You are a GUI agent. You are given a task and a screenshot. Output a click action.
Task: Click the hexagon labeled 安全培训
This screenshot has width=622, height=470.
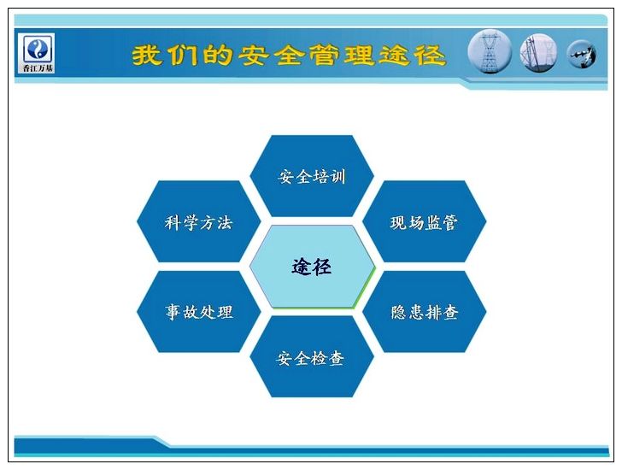[312, 176]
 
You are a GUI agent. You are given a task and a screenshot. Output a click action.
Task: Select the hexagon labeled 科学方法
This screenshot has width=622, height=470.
[199, 221]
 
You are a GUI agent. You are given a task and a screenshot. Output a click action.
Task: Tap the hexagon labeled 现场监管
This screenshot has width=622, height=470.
[425, 221]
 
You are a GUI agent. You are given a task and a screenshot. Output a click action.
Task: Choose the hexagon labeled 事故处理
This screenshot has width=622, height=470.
[199, 312]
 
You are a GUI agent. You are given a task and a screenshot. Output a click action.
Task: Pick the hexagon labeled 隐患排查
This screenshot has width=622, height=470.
[425, 312]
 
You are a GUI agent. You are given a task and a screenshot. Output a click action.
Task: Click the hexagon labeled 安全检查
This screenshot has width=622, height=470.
[312, 357]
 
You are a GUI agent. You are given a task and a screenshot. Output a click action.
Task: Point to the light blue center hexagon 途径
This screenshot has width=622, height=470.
[312, 267]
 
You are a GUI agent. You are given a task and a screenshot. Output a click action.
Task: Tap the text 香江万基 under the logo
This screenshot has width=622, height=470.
[38, 68]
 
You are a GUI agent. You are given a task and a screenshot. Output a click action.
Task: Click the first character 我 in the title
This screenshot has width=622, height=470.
[147, 55]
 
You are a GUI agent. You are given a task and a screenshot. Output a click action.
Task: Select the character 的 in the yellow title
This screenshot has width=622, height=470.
[218, 55]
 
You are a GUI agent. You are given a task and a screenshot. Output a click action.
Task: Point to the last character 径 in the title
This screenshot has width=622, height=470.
[431, 55]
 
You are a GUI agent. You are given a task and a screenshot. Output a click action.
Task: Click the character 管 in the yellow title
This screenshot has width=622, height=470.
[324, 55]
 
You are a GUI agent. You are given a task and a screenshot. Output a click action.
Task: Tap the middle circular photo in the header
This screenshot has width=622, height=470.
[538, 53]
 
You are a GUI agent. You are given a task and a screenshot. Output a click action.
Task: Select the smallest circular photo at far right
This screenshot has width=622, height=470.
[581, 54]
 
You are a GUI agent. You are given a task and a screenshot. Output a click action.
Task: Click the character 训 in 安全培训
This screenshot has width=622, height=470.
[338, 177]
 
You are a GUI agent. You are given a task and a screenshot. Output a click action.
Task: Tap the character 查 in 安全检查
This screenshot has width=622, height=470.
[336, 358]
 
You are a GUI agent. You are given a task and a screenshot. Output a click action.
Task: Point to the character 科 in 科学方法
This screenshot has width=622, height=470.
[173, 222]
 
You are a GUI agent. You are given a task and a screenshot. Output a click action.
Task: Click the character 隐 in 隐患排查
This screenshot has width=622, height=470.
[398, 312]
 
